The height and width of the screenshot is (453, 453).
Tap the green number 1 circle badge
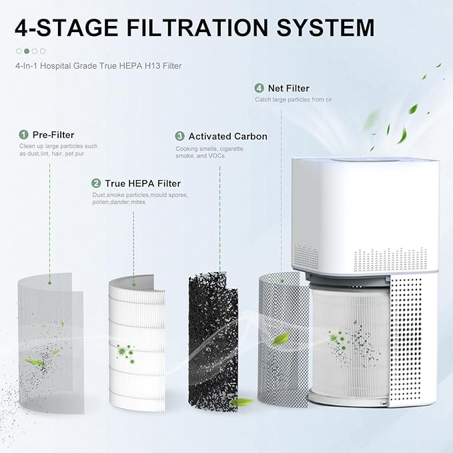tap(23, 135)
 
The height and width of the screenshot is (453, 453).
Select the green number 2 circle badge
tap(96, 183)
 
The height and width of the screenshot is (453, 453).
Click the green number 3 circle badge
tap(179, 136)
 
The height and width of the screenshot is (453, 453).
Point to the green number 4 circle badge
tap(259, 88)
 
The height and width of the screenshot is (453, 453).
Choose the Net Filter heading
tap(288, 88)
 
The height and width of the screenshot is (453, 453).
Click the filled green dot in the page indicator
tap(27, 51)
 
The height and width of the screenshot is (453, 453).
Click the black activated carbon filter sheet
tap(212, 334)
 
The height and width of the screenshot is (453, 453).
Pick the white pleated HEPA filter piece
tap(136, 340)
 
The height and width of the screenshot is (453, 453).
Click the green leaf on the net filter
tap(280, 338)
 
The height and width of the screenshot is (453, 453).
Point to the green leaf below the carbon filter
tap(242, 402)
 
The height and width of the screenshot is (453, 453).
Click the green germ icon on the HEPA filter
tap(125, 351)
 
